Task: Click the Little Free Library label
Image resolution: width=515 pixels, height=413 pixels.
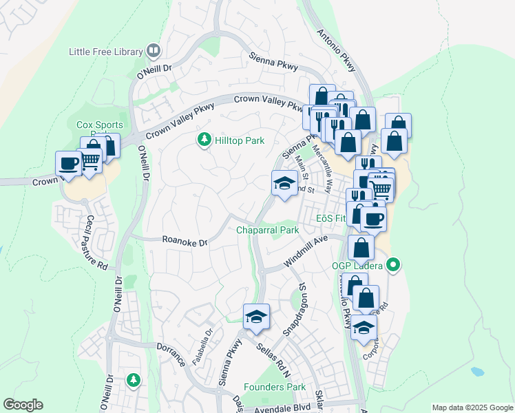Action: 105,51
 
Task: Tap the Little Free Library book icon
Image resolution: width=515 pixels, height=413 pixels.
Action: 154,50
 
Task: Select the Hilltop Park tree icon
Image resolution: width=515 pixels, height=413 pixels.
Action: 204,140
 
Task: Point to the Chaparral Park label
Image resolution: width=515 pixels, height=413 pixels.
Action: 268,230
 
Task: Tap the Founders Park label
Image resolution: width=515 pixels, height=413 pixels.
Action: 275,387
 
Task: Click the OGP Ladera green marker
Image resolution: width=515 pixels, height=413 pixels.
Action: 393,264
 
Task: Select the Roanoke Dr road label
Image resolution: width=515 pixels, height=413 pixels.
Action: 185,242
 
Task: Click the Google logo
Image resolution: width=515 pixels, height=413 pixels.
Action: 23,404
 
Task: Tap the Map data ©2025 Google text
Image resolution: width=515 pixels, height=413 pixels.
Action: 472,407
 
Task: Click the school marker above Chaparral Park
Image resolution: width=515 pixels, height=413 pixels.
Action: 285,183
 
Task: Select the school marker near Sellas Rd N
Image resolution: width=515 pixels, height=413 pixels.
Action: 256,317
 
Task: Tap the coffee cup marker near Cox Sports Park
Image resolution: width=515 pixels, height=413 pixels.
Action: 68,163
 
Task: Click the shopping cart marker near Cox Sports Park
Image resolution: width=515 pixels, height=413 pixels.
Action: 91,160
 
